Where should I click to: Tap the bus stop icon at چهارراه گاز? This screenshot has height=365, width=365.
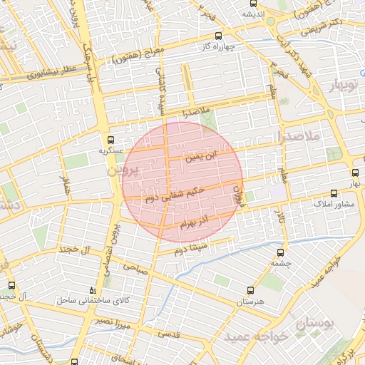tap(218, 35)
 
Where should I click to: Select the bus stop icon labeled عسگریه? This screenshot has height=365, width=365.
tap(110, 140)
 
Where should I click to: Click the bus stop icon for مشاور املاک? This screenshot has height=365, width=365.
tap(334, 193)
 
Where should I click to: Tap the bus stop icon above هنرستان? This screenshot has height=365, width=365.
tap(250, 290)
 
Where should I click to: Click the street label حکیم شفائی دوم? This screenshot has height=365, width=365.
tap(175, 195)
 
